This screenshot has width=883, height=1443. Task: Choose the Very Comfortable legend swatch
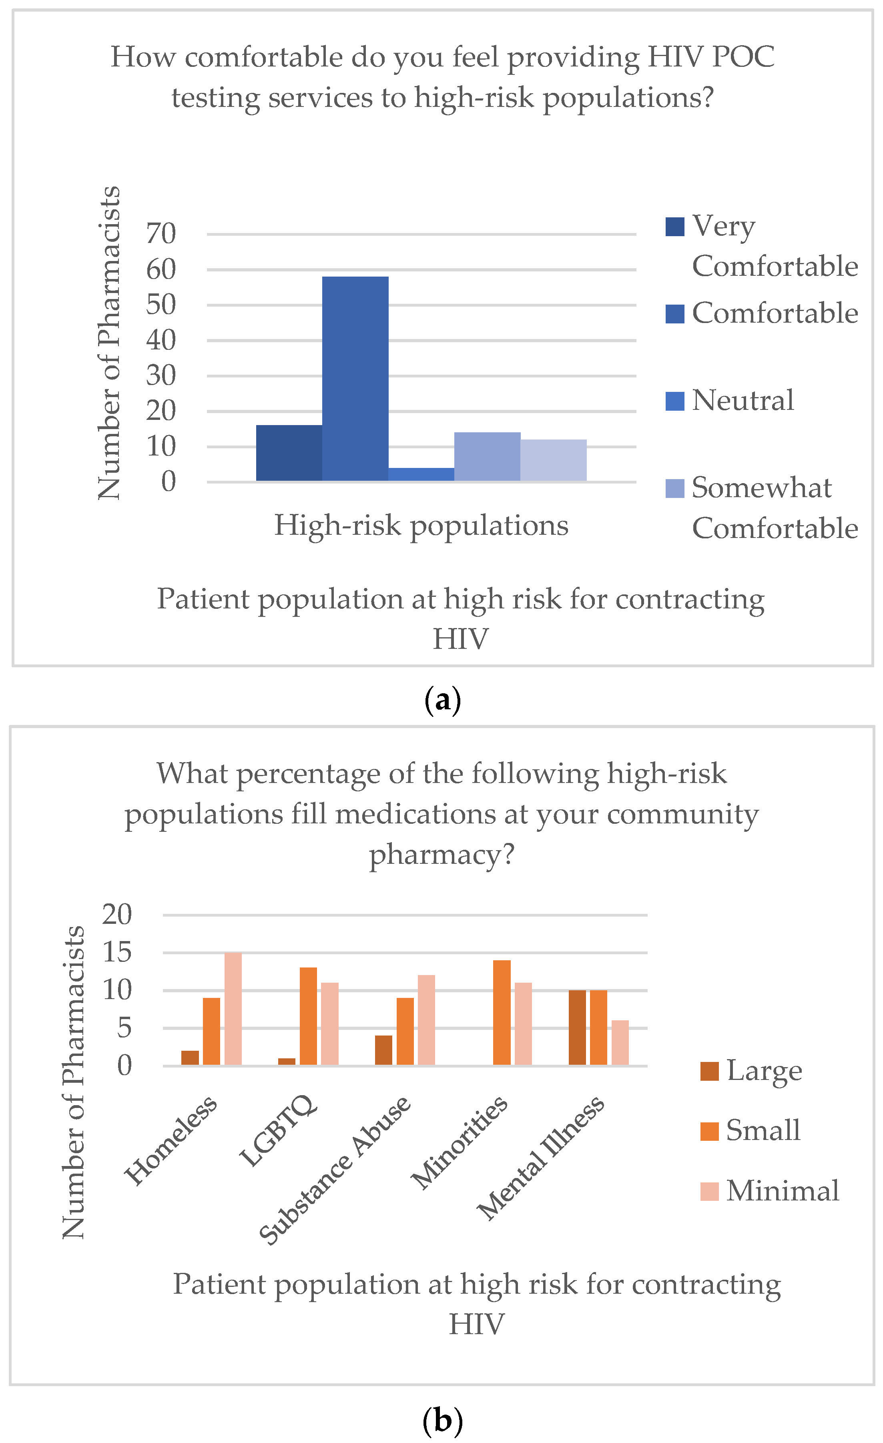tap(674, 227)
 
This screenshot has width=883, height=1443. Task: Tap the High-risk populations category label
tap(421, 525)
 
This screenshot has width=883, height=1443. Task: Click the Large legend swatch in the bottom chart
tap(709, 1071)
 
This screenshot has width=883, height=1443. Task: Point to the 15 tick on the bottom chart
tap(117, 953)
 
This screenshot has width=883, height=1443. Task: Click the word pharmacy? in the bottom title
tap(441, 855)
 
